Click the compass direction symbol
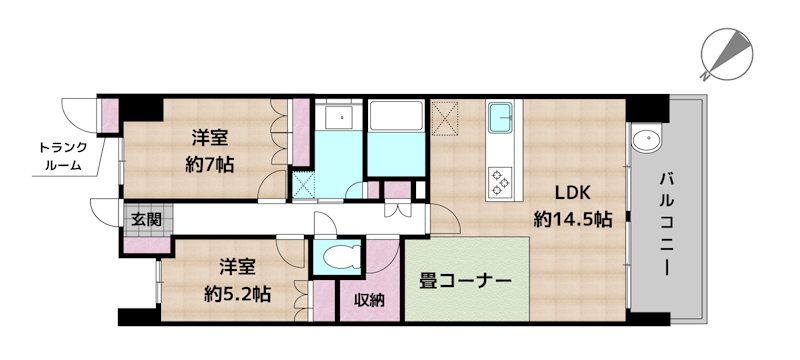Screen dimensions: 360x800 coord(725,52)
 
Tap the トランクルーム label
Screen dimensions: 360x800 coord(63,157)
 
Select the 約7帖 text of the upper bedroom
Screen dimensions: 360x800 coord(210,164)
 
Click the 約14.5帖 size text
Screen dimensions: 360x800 coord(573,220)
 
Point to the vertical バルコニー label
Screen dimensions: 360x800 coord(665,223)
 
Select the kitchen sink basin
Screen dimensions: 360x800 coord(502,118)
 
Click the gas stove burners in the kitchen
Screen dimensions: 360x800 coord(500,180)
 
